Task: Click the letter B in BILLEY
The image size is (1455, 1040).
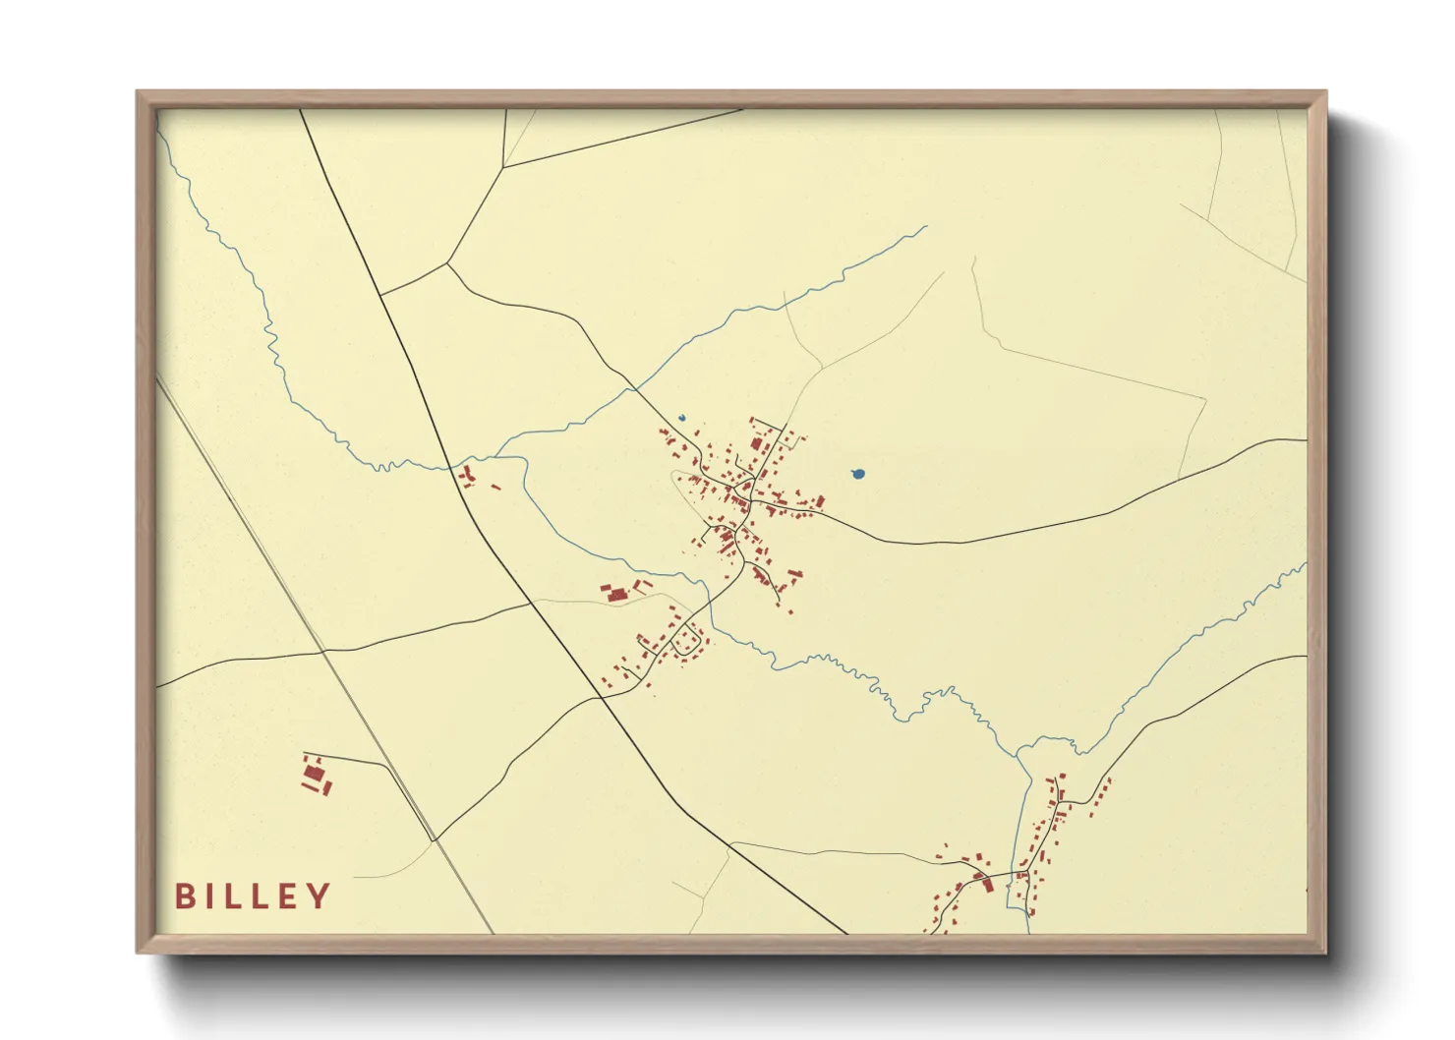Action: pyautogui.click(x=184, y=896)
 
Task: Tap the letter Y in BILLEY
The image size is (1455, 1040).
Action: pyautogui.click(x=319, y=896)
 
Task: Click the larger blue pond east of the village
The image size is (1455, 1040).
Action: pyautogui.click(x=858, y=474)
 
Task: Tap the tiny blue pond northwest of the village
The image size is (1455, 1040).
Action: pyautogui.click(x=681, y=418)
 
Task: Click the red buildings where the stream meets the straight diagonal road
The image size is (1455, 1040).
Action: pyautogui.click(x=468, y=478)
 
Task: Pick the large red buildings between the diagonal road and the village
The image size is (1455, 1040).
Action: pyautogui.click(x=616, y=593)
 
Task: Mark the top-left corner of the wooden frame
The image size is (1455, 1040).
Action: pyautogui.click(x=138, y=91)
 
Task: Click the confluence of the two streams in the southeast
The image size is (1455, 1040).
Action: pyautogui.click(x=1018, y=752)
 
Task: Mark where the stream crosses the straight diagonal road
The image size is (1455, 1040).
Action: pyautogui.click(x=451, y=466)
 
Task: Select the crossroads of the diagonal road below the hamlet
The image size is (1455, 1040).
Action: pyautogui.click(x=601, y=697)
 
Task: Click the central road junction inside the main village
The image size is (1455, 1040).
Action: pyautogui.click(x=748, y=503)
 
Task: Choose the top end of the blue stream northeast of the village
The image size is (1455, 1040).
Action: pyautogui.click(x=925, y=227)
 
